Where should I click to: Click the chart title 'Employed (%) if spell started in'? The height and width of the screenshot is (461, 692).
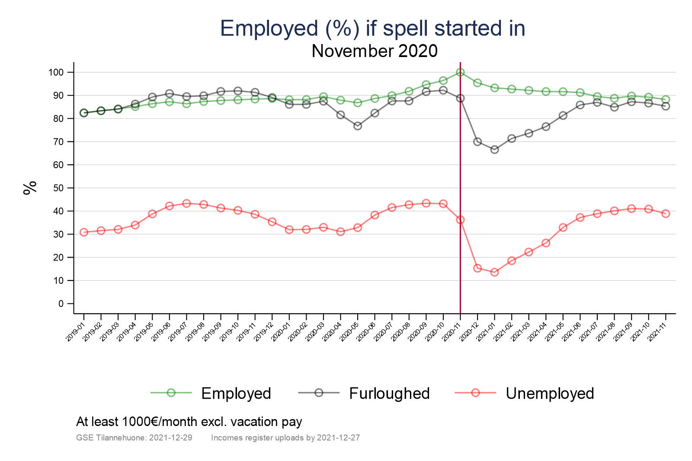coord(372,29)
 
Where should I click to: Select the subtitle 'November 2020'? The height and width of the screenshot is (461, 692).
coord(375,51)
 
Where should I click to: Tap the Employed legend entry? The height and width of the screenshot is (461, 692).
coord(236,393)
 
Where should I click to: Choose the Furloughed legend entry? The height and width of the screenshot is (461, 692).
coord(389,393)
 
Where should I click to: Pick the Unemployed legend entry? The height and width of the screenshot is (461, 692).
coord(549,393)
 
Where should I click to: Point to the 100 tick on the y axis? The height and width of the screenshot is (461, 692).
coord(56,72)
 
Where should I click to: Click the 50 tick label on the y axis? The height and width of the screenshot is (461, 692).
coord(58,188)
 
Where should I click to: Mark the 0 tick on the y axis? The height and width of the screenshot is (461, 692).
coord(61,304)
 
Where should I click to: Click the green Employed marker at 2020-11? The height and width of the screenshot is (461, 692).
coord(460,72)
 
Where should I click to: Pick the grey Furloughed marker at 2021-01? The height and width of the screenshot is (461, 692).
coord(494,149)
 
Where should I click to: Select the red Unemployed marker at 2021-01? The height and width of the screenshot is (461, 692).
coord(494,272)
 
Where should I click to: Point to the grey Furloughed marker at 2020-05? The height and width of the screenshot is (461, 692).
coord(358,126)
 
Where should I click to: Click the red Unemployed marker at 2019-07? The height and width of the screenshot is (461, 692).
coord(186,203)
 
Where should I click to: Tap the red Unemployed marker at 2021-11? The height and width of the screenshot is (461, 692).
coord(666,213)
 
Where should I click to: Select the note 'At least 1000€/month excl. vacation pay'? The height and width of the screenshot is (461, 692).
coord(189,422)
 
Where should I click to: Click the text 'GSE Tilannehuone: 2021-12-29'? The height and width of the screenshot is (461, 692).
coord(134,438)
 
